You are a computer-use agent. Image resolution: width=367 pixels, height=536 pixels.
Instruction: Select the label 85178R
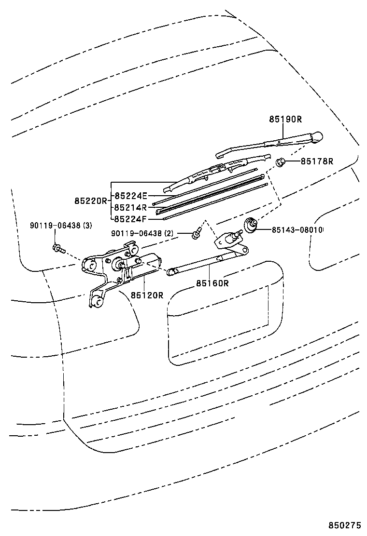point(317,161)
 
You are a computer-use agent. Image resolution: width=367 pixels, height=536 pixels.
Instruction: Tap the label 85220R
point(90,200)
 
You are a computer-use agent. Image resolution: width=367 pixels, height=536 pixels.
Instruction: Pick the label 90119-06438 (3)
point(61,225)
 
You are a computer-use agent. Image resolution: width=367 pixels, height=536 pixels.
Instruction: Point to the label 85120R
point(146,295)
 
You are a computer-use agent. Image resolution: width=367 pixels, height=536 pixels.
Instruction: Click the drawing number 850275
point(345,525)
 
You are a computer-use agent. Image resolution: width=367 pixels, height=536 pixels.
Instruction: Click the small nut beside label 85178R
point(280,161)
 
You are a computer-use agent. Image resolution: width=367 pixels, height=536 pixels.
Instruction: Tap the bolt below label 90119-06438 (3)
point(56,248)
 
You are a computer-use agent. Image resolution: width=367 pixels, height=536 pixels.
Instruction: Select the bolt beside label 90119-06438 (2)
point(196,235)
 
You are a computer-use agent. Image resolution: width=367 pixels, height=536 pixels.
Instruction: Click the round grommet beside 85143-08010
point(251,224)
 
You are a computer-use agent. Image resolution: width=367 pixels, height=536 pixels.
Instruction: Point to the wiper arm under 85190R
point(270,143)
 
